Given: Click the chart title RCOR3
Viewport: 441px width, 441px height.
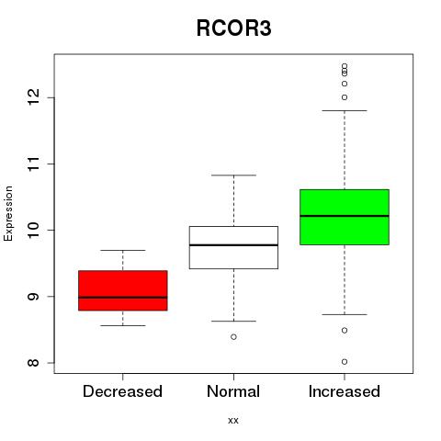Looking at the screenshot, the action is click(x=233, y=28).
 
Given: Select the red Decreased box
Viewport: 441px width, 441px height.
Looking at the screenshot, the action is click(x=123, y=290).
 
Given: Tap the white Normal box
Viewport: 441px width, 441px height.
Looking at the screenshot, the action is click(x=233, y=247).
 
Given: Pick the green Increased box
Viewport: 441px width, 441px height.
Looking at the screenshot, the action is click(x=345, y=217).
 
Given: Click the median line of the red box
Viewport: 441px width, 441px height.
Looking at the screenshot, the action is click(x=123, y=297).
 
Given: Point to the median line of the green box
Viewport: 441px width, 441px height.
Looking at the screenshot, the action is click(x=345, y=216).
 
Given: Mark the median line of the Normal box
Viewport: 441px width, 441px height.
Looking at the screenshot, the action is click(x=233, y=245).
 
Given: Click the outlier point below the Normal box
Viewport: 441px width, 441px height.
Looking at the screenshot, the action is click(x=233, y=337).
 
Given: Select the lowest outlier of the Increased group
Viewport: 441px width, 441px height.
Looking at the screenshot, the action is click(x=345, y=362).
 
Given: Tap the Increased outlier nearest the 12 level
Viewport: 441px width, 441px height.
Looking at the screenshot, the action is click(x=345, y=97).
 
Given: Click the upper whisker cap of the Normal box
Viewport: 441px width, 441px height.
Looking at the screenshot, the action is click(x=233, y=175).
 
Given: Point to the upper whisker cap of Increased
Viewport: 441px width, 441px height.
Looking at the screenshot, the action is click(x=345, y=110).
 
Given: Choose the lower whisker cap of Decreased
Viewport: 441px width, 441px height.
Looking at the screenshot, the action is click(x=123, y=325).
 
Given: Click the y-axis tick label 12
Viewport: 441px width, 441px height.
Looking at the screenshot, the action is click(x=33, y=97).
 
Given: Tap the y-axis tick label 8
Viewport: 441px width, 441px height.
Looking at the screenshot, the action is click(x=33, y=363).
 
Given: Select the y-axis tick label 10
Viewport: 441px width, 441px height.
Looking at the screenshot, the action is click(x=33, y=230).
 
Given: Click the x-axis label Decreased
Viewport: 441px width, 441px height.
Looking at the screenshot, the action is click(x=122, y=391).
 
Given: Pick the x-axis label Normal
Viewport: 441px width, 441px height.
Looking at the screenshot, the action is click(x=233, y=391).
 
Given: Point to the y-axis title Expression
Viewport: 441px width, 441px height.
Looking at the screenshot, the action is click(x=8, y=213).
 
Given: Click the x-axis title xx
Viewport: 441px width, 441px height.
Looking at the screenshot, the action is click(x=233, y=421).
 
